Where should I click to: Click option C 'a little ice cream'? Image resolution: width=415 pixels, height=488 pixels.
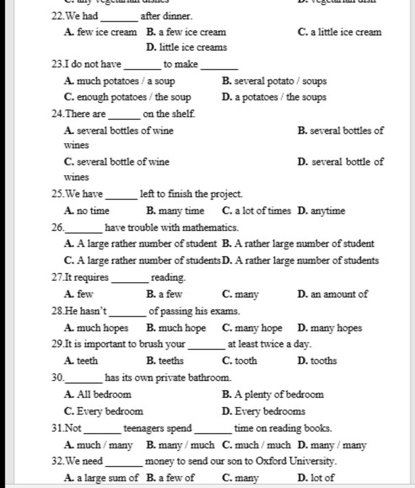pyautogui.click(x=339, y=32)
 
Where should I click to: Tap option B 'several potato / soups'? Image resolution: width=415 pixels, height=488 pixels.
pyautogui.click(x=274, y=81)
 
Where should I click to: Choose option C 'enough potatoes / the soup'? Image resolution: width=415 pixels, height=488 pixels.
pyautogui.click(x=127, y=98)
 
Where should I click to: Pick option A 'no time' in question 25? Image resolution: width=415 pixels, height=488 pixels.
pyautogui.click(x=87, y=211)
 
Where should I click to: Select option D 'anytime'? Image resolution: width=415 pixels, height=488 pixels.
pyautogui.click(x=321, y=211)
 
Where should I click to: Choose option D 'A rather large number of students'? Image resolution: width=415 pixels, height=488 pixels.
pyautogui.click(x=301, y=260)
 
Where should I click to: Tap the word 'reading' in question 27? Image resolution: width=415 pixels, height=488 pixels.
pyautogui.click(x=168, y=278)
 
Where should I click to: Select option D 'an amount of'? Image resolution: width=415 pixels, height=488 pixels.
pyautogui.click(x=332, y=294)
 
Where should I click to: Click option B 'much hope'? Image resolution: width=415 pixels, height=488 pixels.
pyautogui.click(x=176, y=328)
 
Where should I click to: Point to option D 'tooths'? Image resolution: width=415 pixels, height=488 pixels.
pyautogui.click(x=317, y=361)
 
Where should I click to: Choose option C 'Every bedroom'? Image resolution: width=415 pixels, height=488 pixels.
pyautogui.click(x=104, y=411)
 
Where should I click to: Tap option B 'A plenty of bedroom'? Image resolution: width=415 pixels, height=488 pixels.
pyautogui.click(x=273, y=394)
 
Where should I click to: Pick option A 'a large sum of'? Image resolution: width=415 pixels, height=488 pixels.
pyautogui.click(x=101, y=478)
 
